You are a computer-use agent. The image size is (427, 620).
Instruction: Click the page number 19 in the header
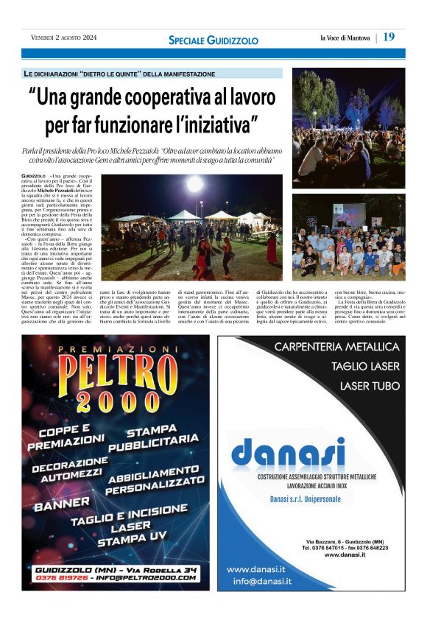click(389, 37)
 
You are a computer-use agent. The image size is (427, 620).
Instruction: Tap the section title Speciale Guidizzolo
click(213, 39)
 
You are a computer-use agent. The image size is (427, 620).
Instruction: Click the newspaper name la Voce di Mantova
click(344, 38)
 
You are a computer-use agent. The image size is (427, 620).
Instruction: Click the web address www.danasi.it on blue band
click(256, 569)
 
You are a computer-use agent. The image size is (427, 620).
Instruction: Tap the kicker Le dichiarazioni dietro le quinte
click(119, 74)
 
